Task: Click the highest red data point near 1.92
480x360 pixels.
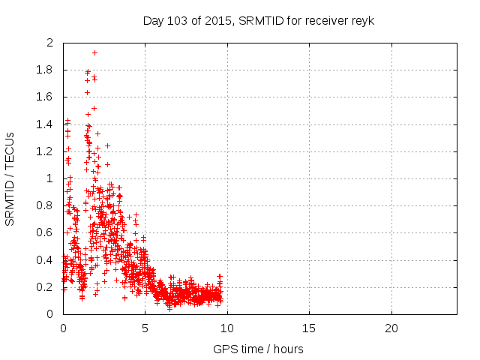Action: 94,52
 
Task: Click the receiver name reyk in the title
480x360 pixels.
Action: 362,20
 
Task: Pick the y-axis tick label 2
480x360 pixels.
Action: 50,43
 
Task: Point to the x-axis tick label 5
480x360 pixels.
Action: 145,328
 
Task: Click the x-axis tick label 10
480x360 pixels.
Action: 227,328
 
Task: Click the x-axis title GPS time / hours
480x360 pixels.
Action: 259,349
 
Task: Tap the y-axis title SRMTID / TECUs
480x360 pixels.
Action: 10,178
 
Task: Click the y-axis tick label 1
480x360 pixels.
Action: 50,178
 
